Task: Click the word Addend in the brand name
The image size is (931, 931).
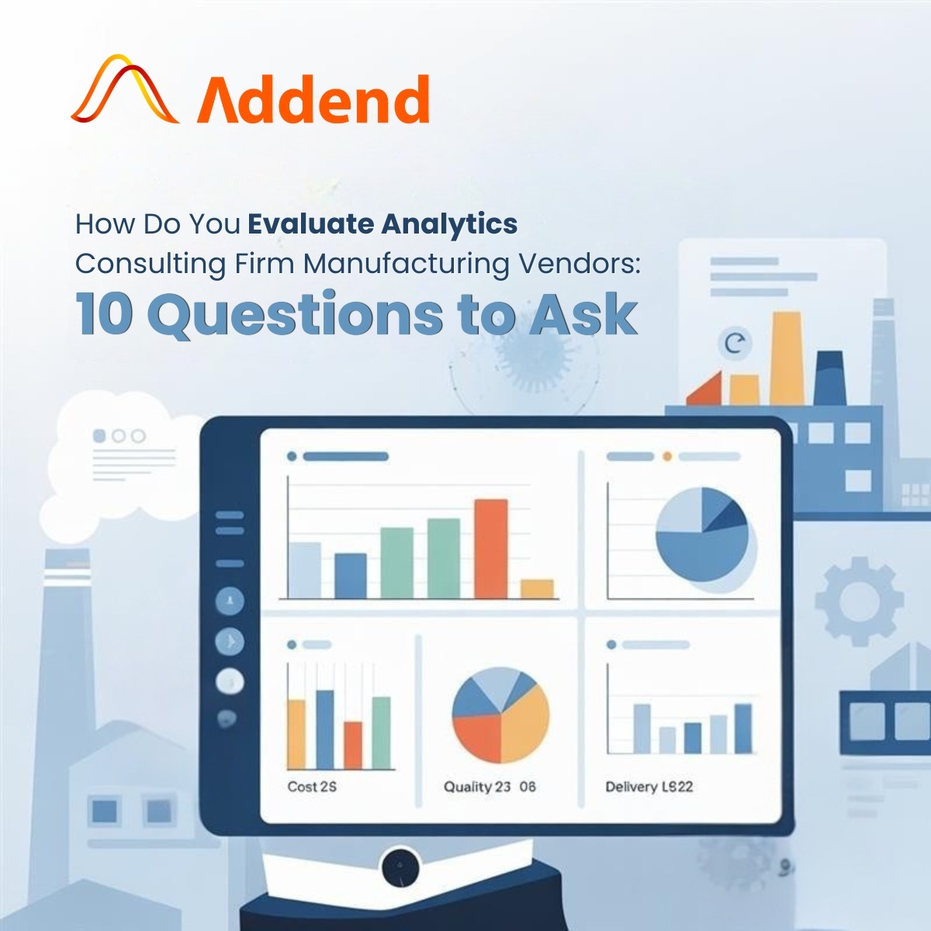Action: [313, 99]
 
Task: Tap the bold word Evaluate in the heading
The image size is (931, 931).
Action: [311, 224]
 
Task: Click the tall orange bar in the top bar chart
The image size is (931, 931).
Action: [491, 549]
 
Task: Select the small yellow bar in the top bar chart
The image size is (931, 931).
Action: [537, 588]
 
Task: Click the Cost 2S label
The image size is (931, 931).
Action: [312, 787]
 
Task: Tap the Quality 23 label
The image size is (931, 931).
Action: [477, 787]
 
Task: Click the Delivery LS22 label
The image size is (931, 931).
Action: [649, 787]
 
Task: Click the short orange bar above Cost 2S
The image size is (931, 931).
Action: [353, 745]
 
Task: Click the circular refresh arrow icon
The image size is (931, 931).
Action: [735, 344]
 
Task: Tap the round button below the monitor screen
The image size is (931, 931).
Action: [400, 867]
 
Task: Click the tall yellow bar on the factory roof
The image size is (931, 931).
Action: [787, 358]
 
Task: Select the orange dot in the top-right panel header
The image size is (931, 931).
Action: [667, 456]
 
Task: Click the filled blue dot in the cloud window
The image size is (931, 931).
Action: [99, 436]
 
